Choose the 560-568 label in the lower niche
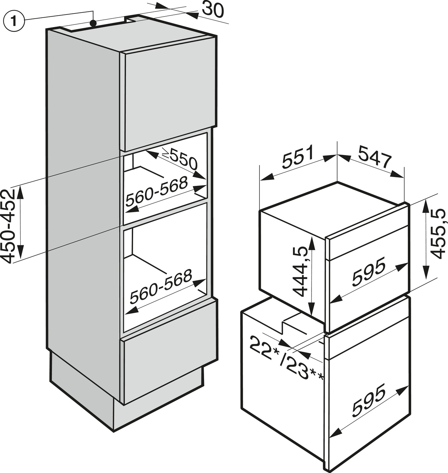[x=161, y=286]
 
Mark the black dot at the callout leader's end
[x=93, y=23]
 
